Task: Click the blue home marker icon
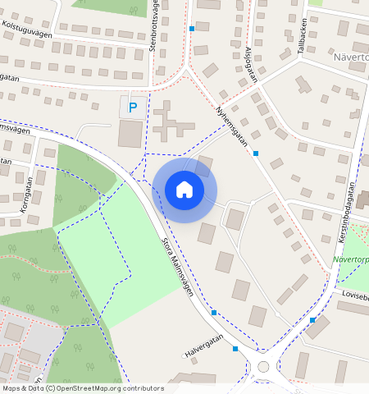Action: click(184, 190)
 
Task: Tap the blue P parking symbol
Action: click(133, 107)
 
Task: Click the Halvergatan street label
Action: click(203, 350)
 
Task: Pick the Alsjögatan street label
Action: click(250, 65)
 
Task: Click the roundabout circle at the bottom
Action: click(263, 367)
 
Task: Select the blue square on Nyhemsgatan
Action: click(256, 153)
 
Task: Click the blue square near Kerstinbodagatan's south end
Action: click(312, 320)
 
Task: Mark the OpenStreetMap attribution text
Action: click(83, 388)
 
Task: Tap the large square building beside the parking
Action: click(130, 133)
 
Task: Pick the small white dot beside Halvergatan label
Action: click(183, 356)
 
